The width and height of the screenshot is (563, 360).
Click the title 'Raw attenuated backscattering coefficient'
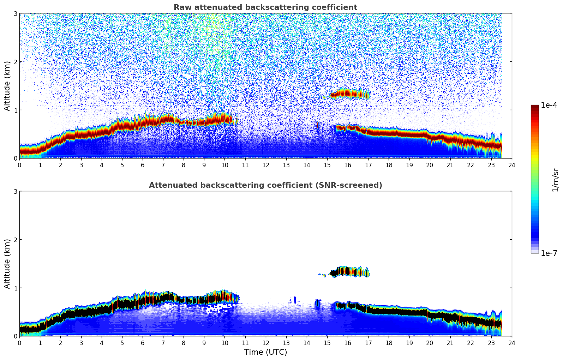tap(265, 7)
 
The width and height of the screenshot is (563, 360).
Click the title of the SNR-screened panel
tap(265, 185)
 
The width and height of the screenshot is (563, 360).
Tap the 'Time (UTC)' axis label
tap(265, 352)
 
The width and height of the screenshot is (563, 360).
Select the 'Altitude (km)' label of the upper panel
tap(7, 86)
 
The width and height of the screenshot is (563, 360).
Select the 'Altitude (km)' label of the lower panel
tap(7, 264)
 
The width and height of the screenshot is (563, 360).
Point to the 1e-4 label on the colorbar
tap(549, 105)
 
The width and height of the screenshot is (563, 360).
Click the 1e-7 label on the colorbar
tap(549, 253)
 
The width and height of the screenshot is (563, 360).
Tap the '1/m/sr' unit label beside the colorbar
tap(555, 179)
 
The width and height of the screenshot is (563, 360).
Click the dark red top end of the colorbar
tap(535, 107)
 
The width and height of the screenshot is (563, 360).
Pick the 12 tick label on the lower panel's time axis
tap(265, 343)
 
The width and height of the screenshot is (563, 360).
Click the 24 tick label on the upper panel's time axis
tap(511, 165)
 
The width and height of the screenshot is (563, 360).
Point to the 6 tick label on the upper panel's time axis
tap(143, 165)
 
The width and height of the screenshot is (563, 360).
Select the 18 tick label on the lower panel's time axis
tap(389, 343)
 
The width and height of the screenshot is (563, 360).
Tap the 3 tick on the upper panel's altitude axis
tap(16, 14)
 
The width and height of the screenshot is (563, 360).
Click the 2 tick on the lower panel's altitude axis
tap(16, 240)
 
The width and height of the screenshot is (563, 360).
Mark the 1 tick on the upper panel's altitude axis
tap(16, 110)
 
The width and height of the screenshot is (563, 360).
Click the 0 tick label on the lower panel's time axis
tap(19, 343)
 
